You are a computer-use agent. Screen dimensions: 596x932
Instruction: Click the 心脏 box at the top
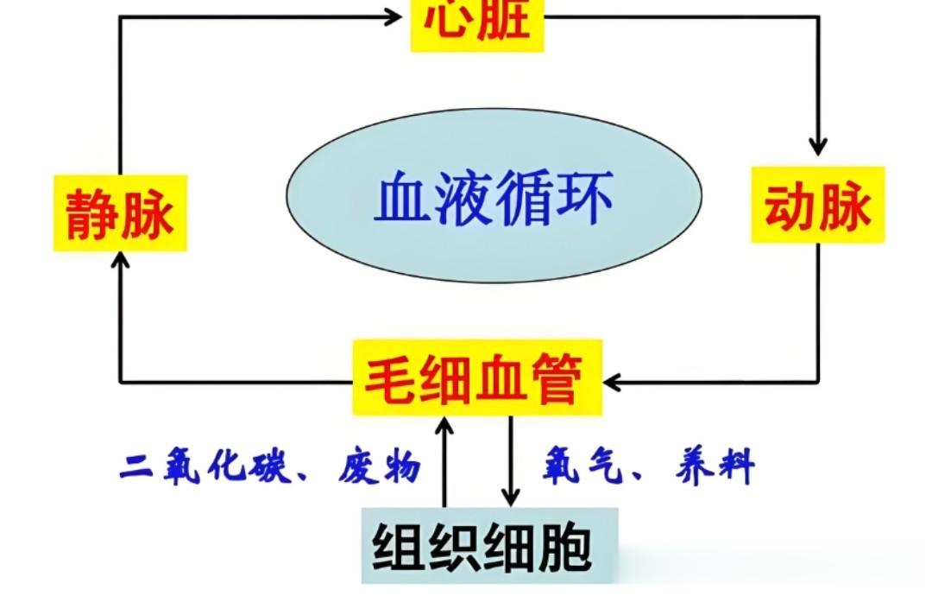(477, 22)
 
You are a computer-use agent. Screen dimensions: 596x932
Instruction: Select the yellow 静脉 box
(120, 212)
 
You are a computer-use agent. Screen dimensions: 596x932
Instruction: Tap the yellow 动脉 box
(817, 206)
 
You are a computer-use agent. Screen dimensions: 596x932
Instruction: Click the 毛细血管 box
(477, 377)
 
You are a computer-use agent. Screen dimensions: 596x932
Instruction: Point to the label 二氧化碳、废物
(270, 467)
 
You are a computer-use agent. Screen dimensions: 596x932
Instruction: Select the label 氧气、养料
(648, 467)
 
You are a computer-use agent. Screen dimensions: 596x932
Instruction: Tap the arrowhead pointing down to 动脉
(817, 147)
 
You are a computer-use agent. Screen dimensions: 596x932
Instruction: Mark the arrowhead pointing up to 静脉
(121, 260)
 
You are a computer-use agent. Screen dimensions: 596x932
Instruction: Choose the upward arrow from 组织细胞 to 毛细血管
(445, 458)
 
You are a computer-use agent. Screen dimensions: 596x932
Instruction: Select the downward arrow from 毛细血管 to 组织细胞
(511, 458)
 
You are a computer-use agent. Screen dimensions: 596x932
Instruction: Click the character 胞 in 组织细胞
(564, 547)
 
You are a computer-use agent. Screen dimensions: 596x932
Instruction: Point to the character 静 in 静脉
(91, 213)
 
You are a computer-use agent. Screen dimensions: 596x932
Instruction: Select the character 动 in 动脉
(789, 206)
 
